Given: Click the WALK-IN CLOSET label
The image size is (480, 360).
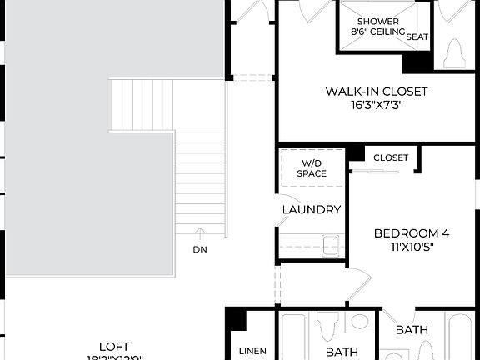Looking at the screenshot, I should pos(377,92).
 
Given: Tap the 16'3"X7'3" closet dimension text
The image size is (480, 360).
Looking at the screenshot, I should pos(377,106).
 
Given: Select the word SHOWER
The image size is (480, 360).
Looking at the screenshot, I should pos(377,21).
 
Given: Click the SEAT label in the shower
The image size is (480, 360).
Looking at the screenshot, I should pos(417,37).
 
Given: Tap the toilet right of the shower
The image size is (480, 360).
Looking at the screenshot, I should pos(454,54).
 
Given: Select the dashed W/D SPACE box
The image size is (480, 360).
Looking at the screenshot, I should pos(312,167).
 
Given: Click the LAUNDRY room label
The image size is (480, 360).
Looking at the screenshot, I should pos(312,210).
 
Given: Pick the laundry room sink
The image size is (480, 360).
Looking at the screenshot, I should pos(331,245).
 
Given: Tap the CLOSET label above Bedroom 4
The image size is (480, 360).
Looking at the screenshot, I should pos(391,157).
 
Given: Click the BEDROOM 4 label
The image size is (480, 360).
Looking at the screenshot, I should pos(411,233).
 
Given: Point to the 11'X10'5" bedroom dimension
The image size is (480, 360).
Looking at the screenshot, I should pos(411,247).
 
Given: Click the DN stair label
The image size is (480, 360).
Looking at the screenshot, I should pos(199,249).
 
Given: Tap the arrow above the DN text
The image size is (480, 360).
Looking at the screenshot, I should pos(199,232).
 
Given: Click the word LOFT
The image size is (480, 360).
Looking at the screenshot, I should pos(113,345).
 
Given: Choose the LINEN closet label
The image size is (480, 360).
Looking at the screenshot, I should pos(252,352).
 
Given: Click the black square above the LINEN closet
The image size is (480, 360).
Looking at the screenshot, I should pos(237,319).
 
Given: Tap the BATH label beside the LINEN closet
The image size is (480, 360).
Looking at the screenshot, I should pos(341,352).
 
